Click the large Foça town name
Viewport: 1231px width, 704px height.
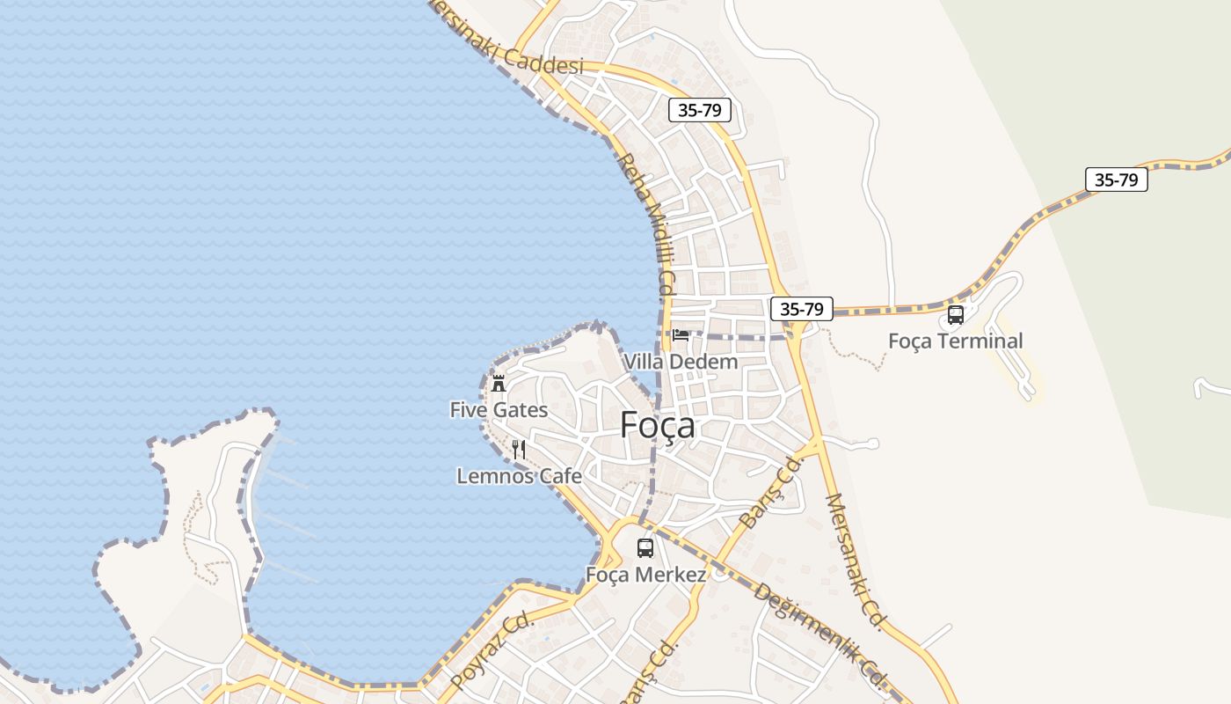click(x=658, y=426)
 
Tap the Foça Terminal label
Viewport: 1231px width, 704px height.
click(x=956, y=341)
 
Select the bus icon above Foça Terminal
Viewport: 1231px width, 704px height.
click(x=956, y=315)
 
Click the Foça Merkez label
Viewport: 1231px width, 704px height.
click(x=646, y=576)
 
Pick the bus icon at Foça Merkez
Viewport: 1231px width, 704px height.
click(x=645, y=548)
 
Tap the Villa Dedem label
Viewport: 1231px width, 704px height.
click(x=681, y=362)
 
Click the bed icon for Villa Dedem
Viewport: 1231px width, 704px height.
click(x=681, y=335)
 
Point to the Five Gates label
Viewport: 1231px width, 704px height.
click(x=499, y=410)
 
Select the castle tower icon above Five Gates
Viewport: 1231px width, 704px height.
click(x=499, y=384)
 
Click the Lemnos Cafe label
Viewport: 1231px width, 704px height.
click(x=519, y=476)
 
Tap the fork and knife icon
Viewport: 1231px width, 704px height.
click(x=519, y=451)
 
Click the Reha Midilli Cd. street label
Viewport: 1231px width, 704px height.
click(x=646, y=224)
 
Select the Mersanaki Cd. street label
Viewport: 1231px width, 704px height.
click(x=855, y=561)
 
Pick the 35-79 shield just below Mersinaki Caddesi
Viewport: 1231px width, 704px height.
click(x=700, y=110)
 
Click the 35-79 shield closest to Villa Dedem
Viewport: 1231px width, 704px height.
click(x=801, y=309)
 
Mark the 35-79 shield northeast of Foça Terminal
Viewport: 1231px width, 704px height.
click(x=1117, y=180)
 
